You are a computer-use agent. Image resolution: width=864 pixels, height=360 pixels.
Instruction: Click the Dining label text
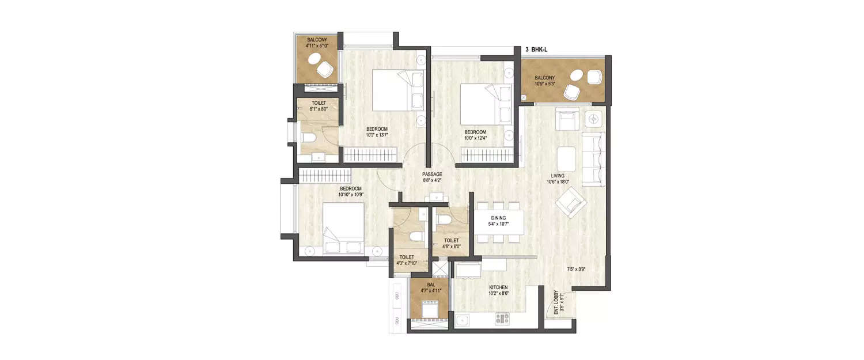(x=498, y=218)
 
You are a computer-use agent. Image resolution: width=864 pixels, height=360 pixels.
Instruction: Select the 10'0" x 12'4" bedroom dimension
(x=479, y=138)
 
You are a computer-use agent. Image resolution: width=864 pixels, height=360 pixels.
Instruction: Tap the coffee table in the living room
(x=566, y=157)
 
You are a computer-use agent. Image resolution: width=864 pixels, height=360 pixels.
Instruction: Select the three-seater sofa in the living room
(x=593, y=159)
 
